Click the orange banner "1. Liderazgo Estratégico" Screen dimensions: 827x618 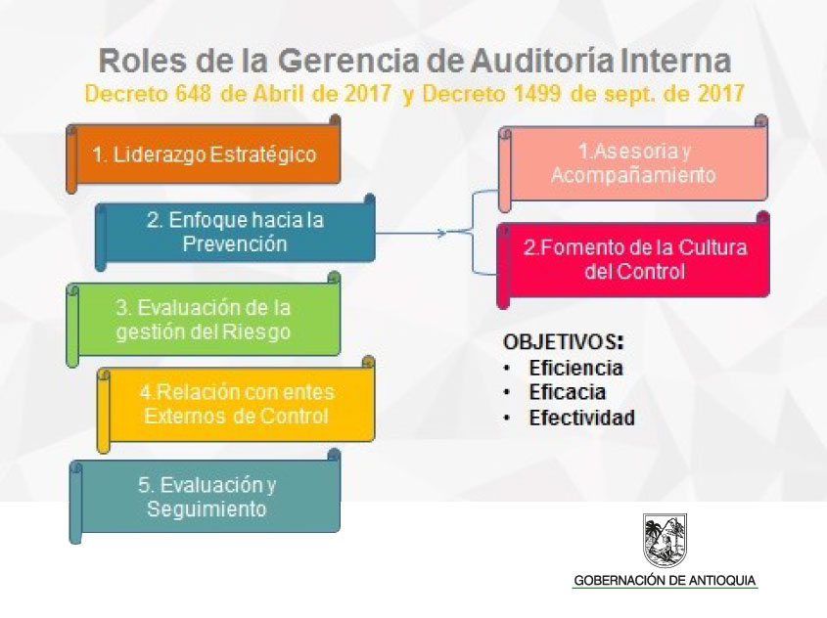click(203, 154)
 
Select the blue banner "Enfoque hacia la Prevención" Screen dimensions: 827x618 click(235, 233)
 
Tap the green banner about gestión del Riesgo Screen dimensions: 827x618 click(203, 320)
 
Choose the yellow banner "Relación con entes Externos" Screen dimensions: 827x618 click(236, 404)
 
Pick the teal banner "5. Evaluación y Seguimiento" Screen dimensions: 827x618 click(205, 497)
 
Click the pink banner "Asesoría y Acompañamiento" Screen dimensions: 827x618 click(633, 163)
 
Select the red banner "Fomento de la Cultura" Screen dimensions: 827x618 click(633, 260)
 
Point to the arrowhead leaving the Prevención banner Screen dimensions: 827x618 click(443, 233)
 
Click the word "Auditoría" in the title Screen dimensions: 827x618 click(542, 61)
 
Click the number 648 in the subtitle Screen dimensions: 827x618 click(193, 94)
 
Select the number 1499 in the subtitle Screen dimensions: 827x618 click(536, 94)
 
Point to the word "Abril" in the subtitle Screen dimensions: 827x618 click(279, 94)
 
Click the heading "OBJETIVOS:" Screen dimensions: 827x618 click(564, 342)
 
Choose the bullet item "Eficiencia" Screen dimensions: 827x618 click(575, 368)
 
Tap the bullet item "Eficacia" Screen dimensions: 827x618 click(568, 392)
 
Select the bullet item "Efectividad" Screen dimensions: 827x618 click(581, 418)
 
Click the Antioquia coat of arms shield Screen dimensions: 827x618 click(666, 540)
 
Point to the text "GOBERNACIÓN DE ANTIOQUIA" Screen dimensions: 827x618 click(665, 581)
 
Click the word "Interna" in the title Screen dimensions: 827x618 click(675, 61)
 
